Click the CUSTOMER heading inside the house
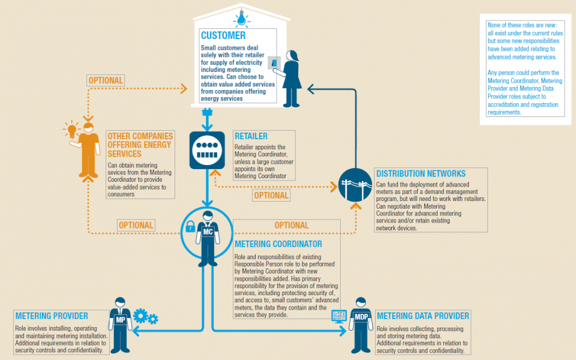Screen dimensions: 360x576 223,36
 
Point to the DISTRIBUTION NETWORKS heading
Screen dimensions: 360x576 420,174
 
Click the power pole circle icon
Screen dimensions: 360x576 355,185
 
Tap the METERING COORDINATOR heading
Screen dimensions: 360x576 278,244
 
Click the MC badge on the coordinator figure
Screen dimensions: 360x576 207,231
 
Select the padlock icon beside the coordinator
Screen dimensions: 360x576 190,227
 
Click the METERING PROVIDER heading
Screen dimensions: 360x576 52,316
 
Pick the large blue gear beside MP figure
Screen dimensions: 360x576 140,315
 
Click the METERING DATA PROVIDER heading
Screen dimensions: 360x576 422,316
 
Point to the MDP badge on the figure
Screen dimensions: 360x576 361,316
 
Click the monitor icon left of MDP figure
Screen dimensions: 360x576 339,315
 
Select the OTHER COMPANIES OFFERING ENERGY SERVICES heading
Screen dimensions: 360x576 140,145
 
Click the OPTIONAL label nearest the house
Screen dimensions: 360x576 106,80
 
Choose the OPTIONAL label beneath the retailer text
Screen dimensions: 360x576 271,195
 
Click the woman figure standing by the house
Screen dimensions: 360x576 292,78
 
